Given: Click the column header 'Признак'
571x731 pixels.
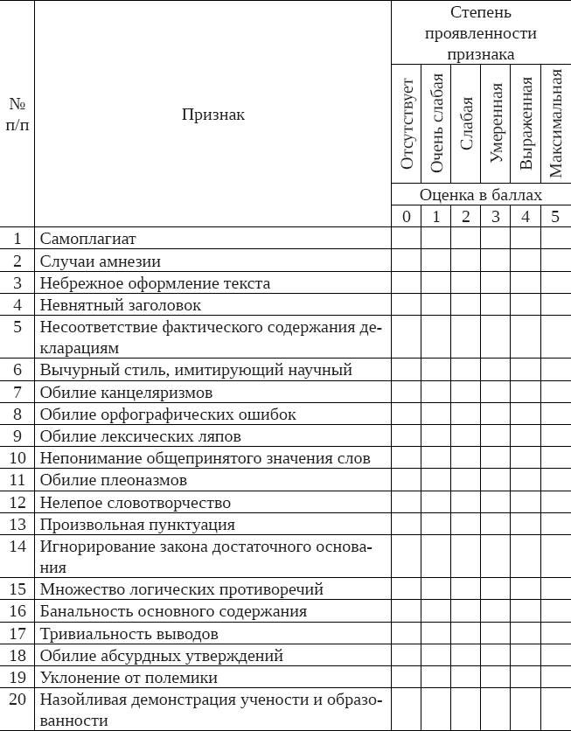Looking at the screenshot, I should (212, 114).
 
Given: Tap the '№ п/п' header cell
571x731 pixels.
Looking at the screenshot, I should (17, 114).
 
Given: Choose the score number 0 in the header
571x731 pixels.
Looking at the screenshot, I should (407, 217).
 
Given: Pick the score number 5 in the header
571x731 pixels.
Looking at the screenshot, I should (555, 217).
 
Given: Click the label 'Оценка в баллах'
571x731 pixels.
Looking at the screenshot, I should (480, 195).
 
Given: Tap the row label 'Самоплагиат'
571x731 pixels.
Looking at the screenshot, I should (88, 238).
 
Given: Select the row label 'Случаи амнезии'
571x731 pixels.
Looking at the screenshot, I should (100, 261).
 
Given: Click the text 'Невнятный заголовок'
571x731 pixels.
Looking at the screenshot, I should (120, 305).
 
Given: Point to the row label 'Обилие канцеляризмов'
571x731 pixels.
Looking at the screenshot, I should (126, 392).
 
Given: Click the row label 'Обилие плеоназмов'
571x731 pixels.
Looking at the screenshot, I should (114, 480).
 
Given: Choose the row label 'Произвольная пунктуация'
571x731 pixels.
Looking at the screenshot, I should (137, 525).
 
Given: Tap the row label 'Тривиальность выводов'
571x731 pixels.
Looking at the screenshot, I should (129, 634).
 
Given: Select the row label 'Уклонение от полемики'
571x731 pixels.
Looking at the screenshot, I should (129, 678).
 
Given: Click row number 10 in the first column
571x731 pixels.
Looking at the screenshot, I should (17, 458).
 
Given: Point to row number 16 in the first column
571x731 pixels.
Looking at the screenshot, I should (17, 611).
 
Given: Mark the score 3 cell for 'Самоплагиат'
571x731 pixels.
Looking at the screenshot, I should (496, 238).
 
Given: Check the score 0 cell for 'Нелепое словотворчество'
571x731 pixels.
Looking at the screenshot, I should (407, 503).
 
